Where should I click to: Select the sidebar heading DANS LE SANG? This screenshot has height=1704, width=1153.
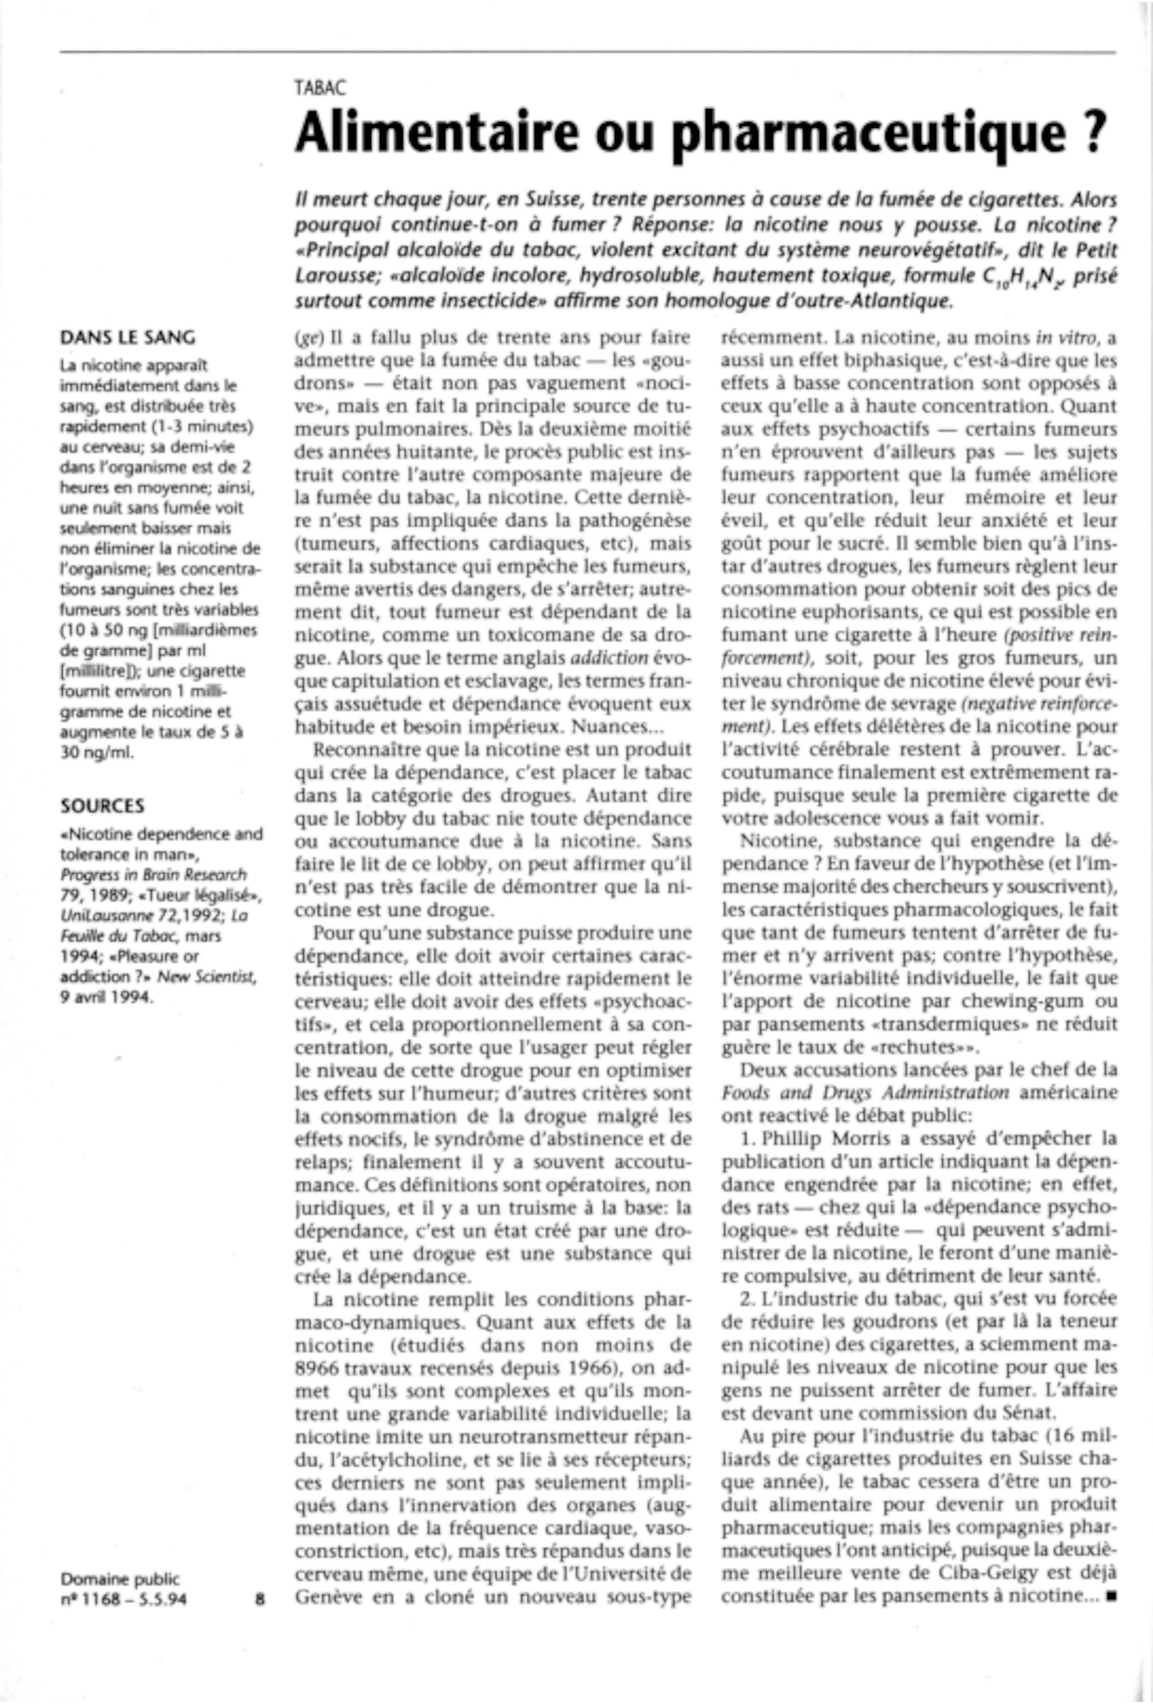127,338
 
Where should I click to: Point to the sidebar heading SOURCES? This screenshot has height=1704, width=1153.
102,805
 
